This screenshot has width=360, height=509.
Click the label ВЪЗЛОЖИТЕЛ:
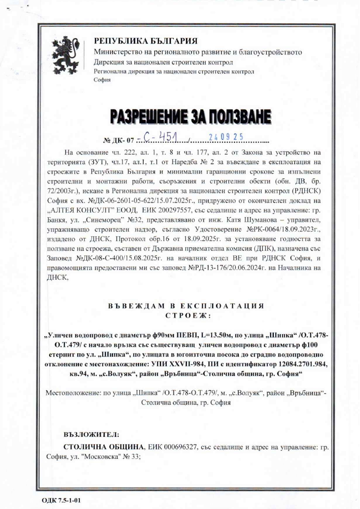pyautogui.click(x=91, y=435)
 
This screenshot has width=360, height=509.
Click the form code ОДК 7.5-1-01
pyautogui.click(x=61, y=501)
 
